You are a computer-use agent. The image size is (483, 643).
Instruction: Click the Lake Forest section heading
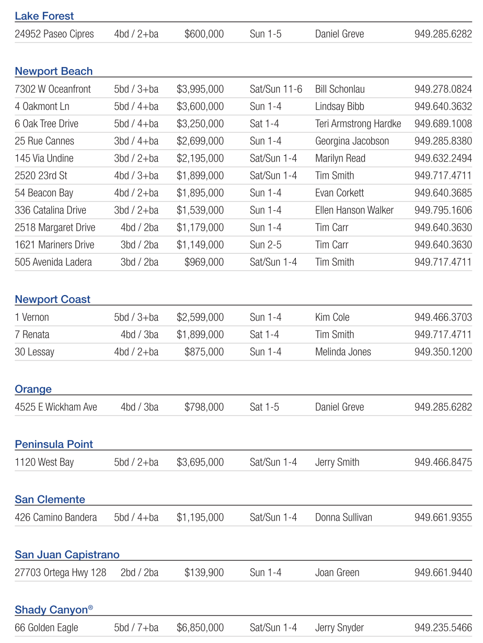click(x=44, y=16)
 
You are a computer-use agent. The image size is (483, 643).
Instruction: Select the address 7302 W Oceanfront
click(x=53, y=89)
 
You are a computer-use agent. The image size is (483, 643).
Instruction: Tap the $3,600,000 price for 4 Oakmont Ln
click(x=200, y=107)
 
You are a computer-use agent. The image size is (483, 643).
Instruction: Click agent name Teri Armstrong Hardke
click(x=358, y=124)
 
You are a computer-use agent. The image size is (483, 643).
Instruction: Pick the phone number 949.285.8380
click(x=443, y=141)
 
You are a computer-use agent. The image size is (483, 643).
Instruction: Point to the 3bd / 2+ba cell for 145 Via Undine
click(x=136, y=159)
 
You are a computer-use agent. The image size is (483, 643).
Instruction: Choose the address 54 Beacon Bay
click(x=44, y=193)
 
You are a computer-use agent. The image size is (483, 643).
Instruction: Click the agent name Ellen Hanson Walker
click(x=354, y=210)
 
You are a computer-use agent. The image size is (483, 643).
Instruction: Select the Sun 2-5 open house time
click(x=266, y=245)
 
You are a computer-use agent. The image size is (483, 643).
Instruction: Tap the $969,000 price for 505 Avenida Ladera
click(x=204, y=262)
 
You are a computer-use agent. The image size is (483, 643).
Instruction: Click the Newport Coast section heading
click(x=52, y=299)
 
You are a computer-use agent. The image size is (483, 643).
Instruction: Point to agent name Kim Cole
click(x=332, y=318)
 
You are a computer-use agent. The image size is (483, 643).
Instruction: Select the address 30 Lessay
click(x=34, y=352)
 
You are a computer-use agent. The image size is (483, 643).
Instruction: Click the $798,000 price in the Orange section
click(x=204, y=407)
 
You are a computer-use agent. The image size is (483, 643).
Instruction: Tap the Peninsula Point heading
click(x=54, y=444)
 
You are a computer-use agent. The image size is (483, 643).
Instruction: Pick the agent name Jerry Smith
click(x=337, y=462)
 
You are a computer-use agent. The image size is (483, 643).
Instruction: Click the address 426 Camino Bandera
click(x=56, y=517)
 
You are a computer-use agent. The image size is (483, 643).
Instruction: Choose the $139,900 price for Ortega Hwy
click(x=204, y=573)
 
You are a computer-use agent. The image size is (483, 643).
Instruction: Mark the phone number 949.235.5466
click(x=443, y=628)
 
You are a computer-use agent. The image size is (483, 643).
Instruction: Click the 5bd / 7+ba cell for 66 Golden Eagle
click(x=136, y=628)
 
